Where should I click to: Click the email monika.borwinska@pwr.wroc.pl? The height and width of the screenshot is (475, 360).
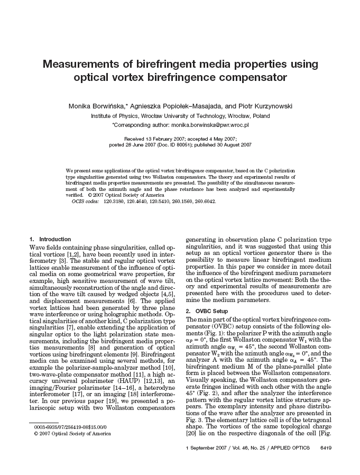tap(209, 125)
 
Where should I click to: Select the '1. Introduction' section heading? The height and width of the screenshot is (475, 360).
tap(51, 239)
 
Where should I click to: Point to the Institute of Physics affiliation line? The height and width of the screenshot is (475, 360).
tap(180, 116)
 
